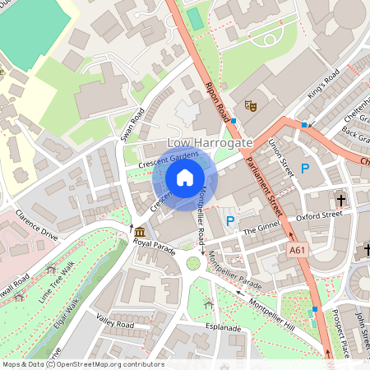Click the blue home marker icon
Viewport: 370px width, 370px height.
pyautogui.click(x=184, y=176)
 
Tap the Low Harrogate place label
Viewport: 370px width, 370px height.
pyautogui.click(x=210, y=143)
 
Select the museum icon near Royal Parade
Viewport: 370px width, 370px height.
pyautogui.click(x=140, y=231)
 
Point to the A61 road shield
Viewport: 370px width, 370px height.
pyautogui.click(x=299, y=248)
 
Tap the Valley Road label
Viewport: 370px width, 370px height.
pyautogui.click(x=114, y=322)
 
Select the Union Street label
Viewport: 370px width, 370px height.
pyautogui.click(x=281, y=155)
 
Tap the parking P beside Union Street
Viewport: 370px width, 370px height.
pyautogui.click(x=304, y=169)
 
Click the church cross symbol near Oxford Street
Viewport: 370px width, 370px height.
pyautogui.click(x=340, y=200)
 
